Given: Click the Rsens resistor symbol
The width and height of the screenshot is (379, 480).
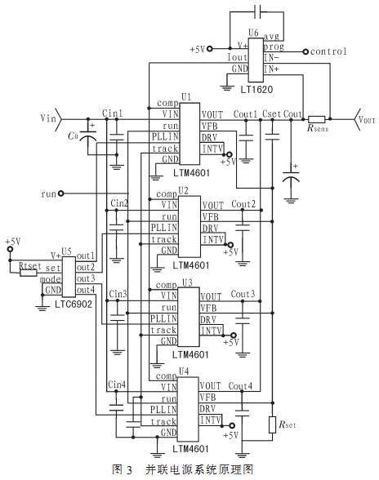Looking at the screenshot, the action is tap(316, 119).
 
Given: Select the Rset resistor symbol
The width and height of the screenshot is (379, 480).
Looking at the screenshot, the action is tap(272, 424).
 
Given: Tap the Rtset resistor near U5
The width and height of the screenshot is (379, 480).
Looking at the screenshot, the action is tap(29, 273).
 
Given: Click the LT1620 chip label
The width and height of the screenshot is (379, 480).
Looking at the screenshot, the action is tap(256, 90).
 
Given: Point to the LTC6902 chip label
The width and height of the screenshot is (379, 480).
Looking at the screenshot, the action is tap(74, 304).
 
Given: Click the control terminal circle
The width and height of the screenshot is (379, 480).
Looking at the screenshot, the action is tap(305, 51).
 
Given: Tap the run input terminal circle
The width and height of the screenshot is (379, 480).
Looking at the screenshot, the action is tap(61, 193).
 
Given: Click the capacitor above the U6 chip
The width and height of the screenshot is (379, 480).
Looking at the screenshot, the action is tap(258, 12).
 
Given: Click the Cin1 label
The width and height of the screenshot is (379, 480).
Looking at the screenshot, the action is tap(112, 113).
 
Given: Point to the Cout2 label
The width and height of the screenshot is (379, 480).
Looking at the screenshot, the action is tap(243, 204).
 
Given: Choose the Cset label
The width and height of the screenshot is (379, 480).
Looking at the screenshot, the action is tap(271, 114).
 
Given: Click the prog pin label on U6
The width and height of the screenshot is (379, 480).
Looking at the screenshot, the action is tap(274, 47).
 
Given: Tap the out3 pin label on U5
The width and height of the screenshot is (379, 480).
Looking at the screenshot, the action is tap(86, 278).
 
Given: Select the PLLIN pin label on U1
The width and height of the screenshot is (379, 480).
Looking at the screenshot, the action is tap(165, 136).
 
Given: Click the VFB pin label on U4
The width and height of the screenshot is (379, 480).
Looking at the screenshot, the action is tap(207, 398).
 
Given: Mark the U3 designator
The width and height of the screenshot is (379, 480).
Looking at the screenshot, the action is tap(187, 282).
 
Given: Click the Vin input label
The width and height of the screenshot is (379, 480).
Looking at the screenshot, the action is tap(48, 118).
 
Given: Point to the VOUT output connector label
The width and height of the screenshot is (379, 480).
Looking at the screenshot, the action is tap(367, 119).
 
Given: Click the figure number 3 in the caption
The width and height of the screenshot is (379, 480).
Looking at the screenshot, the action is tap(129, 469).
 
